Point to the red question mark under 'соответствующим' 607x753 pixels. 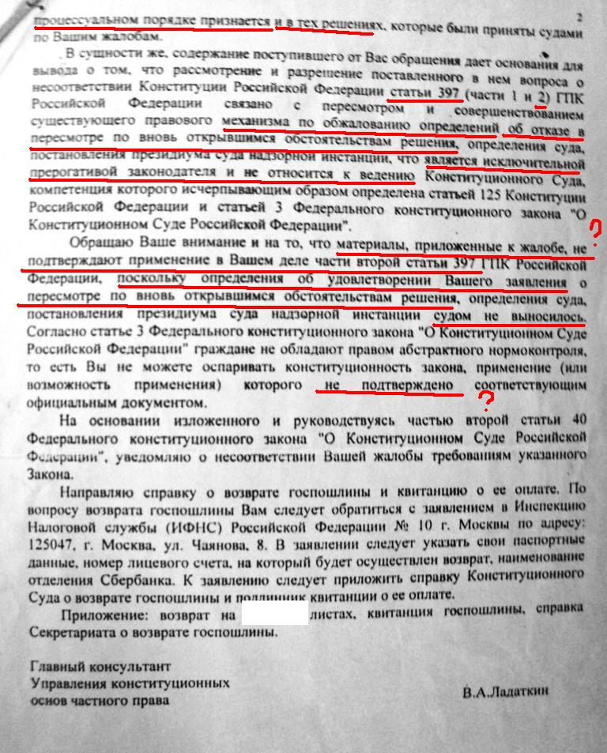(491, 402)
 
